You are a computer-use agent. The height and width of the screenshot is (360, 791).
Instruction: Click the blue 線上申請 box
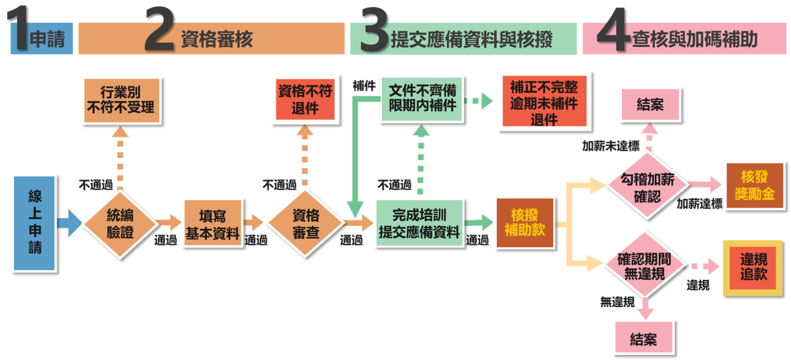34,223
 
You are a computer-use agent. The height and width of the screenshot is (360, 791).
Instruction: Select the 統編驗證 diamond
120,223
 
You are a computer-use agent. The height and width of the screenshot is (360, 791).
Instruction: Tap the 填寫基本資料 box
212,223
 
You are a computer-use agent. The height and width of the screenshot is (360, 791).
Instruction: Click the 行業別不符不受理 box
121,100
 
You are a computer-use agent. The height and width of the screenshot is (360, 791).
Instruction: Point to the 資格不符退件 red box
305,100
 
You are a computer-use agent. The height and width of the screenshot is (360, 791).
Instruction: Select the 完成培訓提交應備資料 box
419,223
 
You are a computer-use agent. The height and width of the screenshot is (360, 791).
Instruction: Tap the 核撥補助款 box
525,222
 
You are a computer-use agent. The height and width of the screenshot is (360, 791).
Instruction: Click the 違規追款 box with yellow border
753,267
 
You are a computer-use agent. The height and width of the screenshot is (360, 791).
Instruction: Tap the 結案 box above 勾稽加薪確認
649,105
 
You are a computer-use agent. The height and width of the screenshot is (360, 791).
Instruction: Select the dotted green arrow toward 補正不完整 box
479,101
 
